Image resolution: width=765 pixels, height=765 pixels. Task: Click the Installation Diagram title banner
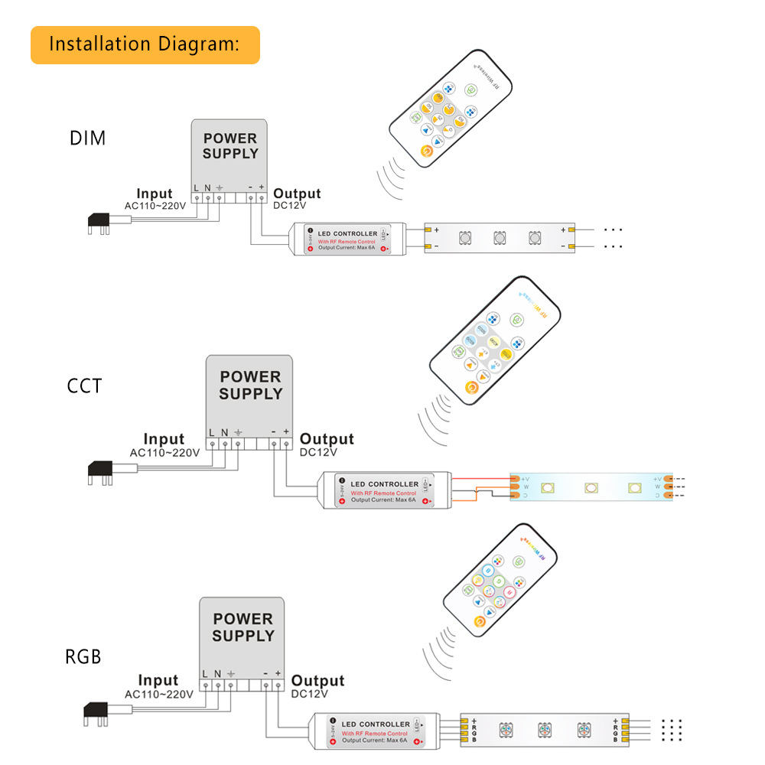(145, 44)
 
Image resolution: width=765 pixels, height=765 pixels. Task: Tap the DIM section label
(87, 138)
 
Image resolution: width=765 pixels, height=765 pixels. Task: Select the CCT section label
(84, 386)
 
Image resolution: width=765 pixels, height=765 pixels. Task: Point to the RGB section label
(83, 656)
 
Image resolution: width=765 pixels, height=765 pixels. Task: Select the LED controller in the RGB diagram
(375, 731)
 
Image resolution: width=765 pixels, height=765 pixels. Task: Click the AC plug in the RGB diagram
(98, 713)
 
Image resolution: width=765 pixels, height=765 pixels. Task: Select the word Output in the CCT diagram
(327, 439)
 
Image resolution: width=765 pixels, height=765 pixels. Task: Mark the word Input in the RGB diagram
(158, 680)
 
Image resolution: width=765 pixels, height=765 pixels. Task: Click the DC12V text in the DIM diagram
(291, 206)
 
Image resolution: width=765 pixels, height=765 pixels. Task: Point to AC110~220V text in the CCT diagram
(164, 452)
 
